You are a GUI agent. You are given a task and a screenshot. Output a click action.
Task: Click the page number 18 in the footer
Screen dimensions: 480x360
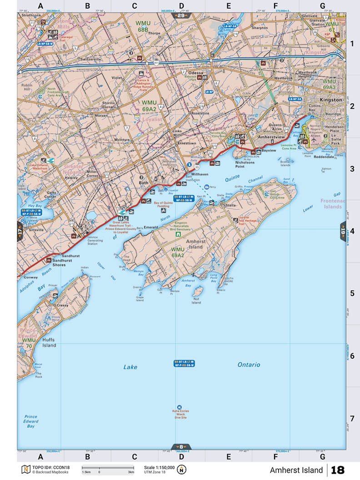tap(338, 470)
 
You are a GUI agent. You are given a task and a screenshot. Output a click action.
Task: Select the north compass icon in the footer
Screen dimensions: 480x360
tap(182, 470)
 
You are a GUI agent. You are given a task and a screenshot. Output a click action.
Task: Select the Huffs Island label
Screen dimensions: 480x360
tap(49, 342)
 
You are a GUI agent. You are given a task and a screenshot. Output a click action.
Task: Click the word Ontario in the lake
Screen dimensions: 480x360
tap(249, 365)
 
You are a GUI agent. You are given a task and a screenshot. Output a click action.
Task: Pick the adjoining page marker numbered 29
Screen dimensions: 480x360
tap(181, 16)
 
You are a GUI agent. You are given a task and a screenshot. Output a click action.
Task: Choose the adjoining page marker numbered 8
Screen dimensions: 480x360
tap(181, 446)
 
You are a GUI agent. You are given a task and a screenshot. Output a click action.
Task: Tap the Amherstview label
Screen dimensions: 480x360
tap(271, 136)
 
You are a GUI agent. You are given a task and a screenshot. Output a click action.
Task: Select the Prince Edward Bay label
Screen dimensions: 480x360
tap(31, 421)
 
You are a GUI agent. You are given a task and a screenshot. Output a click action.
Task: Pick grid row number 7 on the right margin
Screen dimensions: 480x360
tap(352, 418)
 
